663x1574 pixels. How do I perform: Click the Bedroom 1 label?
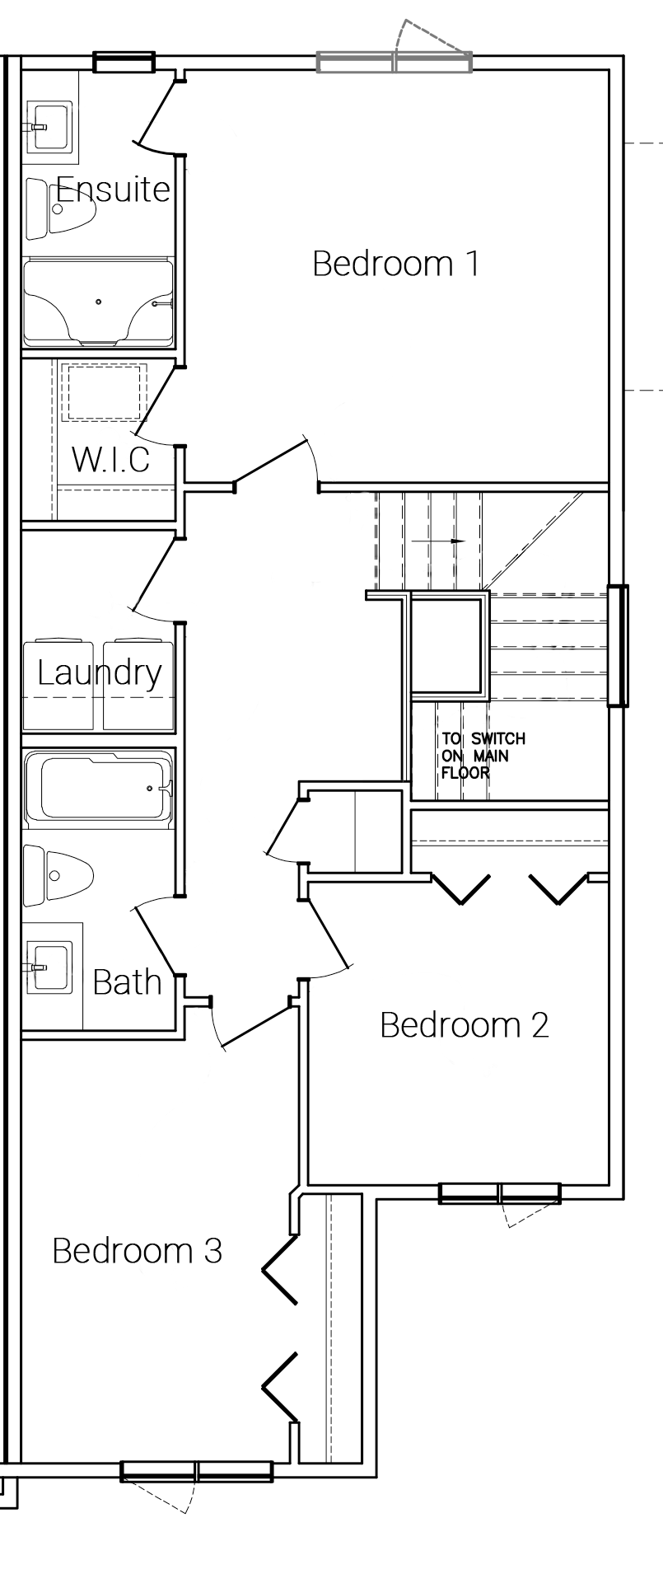coord(395,264)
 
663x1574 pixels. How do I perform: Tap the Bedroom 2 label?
coord(464,1025)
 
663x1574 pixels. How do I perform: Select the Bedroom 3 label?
coord(137,1251)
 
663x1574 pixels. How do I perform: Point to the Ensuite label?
coord(112,190)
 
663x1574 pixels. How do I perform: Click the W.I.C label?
coord(111,459)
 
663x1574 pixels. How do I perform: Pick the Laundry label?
coord(100,673)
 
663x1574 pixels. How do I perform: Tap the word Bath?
coord(127,982)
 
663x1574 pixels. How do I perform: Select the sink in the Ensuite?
coord(51,128)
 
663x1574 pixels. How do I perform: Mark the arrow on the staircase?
coord(438,541)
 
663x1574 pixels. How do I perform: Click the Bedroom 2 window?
coord(500,1193)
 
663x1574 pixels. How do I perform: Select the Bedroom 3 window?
coord(197,1471)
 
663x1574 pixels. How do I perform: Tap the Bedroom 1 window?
coord(395,63)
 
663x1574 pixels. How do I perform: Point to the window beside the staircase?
coord(618,646)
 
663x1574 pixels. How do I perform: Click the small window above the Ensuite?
coord(124,63)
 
